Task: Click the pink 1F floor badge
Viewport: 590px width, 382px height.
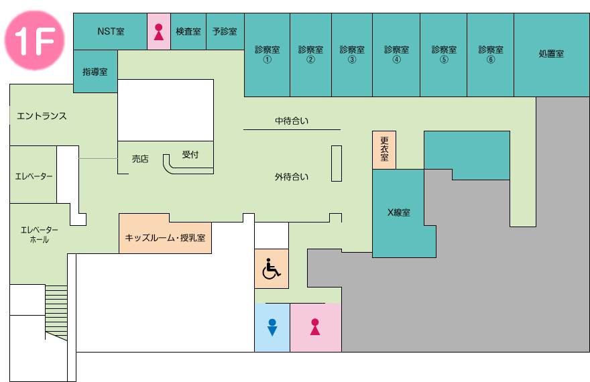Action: [34, 40]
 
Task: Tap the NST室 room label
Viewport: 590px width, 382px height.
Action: [111, 31]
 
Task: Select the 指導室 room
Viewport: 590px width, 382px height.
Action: [95, 72]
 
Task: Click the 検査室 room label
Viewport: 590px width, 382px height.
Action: [188, 31]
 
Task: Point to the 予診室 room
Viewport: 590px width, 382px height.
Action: [225, 31]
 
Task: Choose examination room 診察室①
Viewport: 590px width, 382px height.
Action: [267, 55]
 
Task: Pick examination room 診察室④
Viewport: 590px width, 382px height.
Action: [396, 55]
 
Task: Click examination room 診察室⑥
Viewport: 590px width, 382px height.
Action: [490, 55]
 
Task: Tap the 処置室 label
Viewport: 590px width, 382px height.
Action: [551, 54]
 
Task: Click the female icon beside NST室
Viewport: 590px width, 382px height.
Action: [159, 32]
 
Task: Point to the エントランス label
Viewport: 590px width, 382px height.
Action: [42, 116]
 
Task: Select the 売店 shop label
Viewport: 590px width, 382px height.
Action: [140, 159]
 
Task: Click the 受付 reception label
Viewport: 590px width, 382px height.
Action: [190, 155]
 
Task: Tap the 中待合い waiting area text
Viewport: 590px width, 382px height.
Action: [292, 121]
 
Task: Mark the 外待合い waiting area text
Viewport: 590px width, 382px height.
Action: [292, 177]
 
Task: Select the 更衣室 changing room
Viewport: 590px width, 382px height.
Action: [384, 150]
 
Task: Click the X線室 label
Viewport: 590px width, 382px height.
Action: [399, 212]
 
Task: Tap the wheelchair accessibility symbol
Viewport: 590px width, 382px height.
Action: [272, 269]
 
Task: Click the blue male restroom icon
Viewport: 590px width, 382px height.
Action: [272, 327]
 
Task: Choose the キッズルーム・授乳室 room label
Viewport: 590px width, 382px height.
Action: [165, 238]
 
